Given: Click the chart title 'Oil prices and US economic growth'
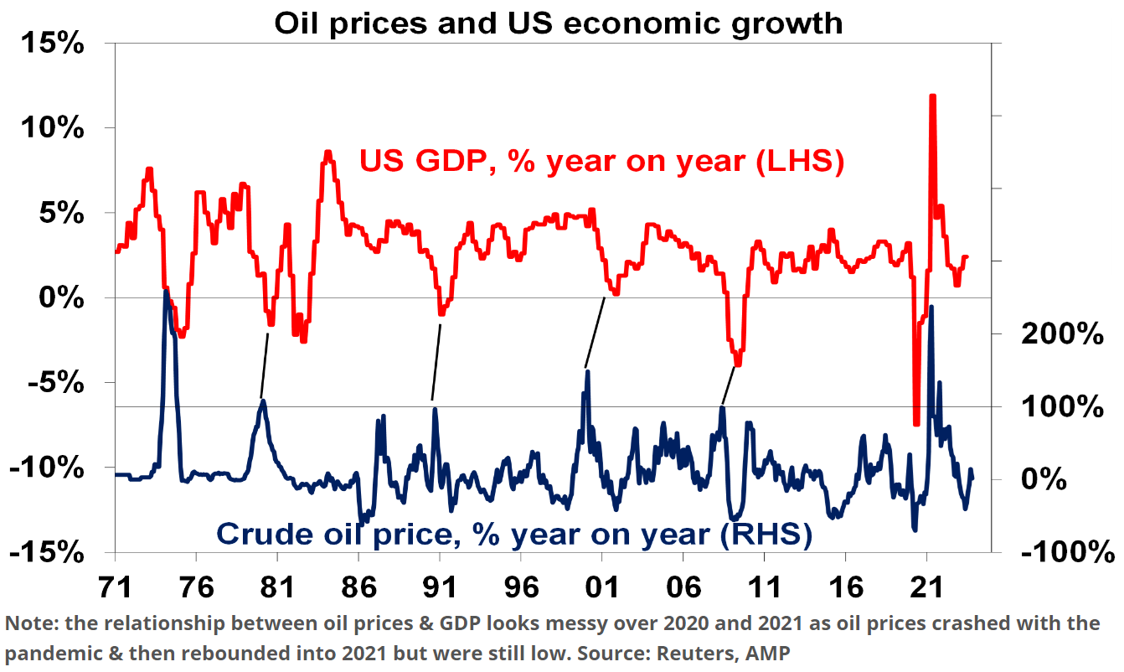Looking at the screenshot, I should [559, 22].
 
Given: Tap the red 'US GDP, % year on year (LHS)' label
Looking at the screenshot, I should [601, 161].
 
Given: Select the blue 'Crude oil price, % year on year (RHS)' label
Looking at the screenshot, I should [514, 533].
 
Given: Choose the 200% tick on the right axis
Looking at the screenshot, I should [1061, 334].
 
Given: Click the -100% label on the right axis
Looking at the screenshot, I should [1067, 552].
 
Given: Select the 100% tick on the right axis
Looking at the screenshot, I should [1061, 407].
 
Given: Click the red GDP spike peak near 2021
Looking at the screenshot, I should [932, 96].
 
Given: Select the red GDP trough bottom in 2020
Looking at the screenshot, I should [916, 423].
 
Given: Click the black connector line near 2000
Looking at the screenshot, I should [596, 331].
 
